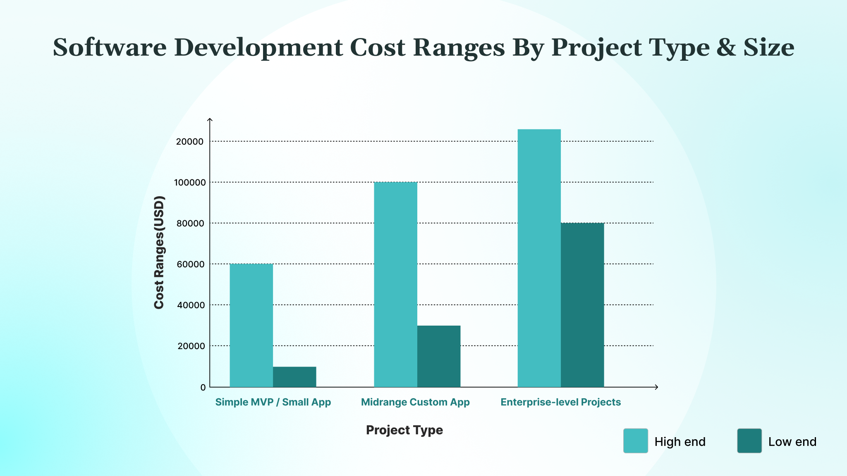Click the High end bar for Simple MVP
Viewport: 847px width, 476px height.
pyautogui.click(x=251, y=325)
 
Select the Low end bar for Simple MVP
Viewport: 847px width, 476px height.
pyautogui.click(x=294, y=377)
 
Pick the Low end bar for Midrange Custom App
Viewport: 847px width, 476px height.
pyautogui.click(x=438, y=356)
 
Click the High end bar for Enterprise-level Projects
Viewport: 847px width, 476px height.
pyautogui.click(x=539, y=258)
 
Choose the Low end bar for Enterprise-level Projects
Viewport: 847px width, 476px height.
pyautogui.click(x=582, y=305)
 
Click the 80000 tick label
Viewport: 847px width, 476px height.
pyautogui.click(x=191, y=224)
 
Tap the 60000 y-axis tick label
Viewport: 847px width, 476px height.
pyautogui.click(x=191, y=264)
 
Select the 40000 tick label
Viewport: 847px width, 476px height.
pyautogui.click(x=191, y=305)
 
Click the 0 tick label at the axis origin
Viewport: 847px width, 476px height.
pyautogui.click(x=203, y=388)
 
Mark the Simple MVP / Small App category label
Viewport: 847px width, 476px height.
pyautogui.click(x=273, y=402)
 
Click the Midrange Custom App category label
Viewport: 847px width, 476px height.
pyautogui.click(x=415, y=402)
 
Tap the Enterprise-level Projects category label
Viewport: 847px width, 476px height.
pyautogui.click(x=560, y=402)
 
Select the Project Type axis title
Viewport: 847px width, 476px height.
pyautogui.click(x=404, y=430)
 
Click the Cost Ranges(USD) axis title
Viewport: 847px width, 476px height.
pyautogui.click(x=159, y=252)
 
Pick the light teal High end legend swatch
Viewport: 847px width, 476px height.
pyautogui.click(x=635, y=441)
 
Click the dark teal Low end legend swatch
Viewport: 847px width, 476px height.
pyautogui.click(x=749, y=441)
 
